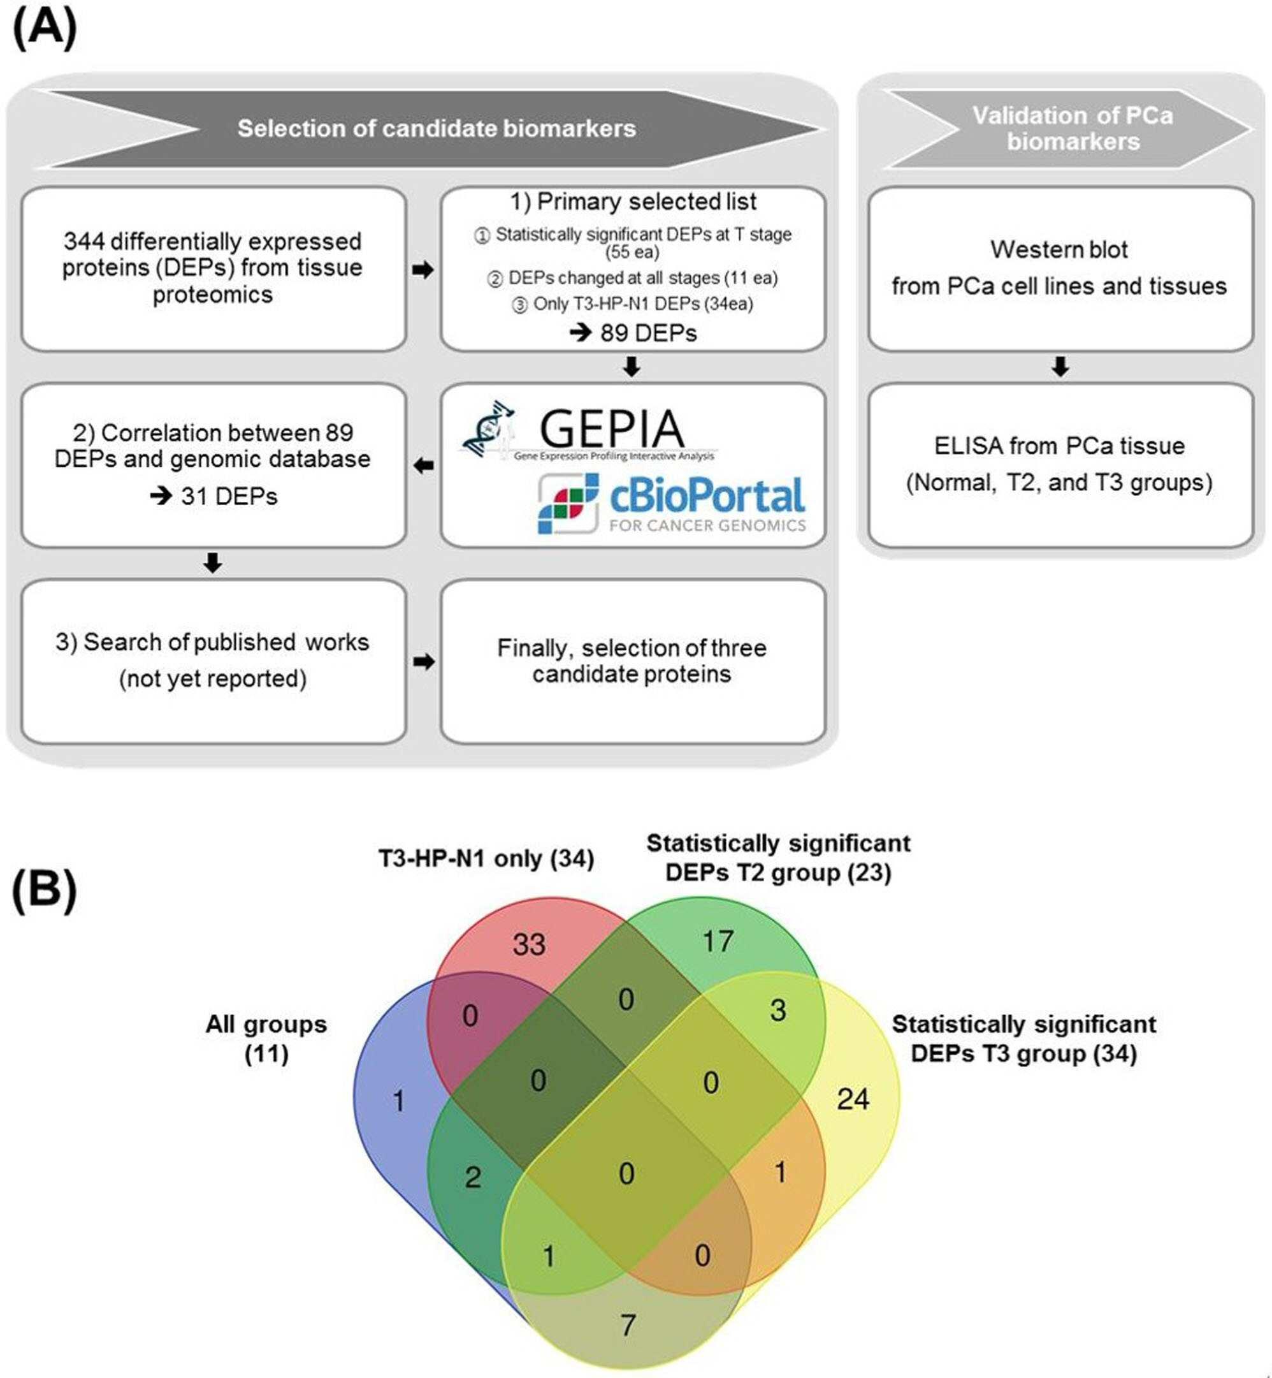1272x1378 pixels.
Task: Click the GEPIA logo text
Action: (611, 429)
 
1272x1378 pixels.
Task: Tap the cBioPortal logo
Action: (671, 502)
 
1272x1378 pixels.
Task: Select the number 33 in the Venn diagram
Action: (529, 944)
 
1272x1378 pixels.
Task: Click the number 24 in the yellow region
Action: (853, 1099)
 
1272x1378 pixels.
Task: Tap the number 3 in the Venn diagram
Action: (777, 1010)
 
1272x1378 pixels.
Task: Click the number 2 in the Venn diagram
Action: (473, 1177)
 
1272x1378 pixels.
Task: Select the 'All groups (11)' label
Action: (266, 1039)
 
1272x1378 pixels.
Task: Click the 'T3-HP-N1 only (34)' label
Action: (486, 858)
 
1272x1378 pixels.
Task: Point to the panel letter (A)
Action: (45, 29)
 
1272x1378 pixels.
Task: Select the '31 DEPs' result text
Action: (229, 496)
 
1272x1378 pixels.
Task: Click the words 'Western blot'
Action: (1059, 249)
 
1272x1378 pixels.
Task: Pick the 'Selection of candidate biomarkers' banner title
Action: (437, 129)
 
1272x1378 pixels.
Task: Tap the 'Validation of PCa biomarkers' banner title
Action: (1073, 128)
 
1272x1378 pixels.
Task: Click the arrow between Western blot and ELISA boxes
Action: (1060, 367)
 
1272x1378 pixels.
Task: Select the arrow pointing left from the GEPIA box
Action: (423, 466)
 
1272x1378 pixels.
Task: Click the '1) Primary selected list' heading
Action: (633, 201)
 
